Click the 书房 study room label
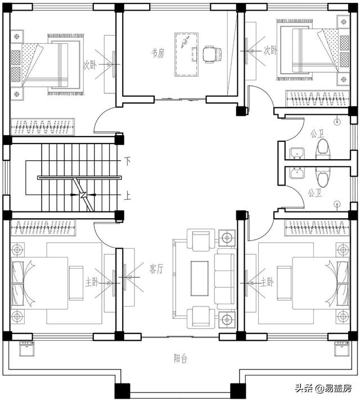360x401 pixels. pyautogui.click(x=157, y=53)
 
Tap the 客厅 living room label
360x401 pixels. pyautogui.click(x=156, y=268)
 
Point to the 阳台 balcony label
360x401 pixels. pyautogui.click(x=181, y=359)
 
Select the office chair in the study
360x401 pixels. pyautogui.click(x=213, y=54)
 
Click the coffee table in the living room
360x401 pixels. pyautogui.click(x=200, y=278)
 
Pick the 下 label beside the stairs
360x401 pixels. pyautogui.click(x=127, y=161)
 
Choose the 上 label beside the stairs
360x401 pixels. pyautogui.click(x=127, y=196)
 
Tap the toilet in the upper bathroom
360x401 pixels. pyautogui.click(x=323, y=150)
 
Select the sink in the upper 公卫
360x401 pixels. pyautogui.click(x=298, y=154)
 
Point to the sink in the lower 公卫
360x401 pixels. pyautogui.click(x=298, y=173)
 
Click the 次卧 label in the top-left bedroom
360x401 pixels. pyautogui.click(x=90, y=65)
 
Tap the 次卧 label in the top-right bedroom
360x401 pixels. pyautogui.click(x=271, y=51)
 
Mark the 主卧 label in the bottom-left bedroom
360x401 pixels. pyautogui.click(x=92, y=282)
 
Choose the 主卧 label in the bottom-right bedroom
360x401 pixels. pyautogui.click(x=267, y=282)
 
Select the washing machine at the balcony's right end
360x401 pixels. pyautogui.click(x=341, y=348)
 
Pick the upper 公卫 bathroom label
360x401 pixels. pyautogui.click(x=317, y=133)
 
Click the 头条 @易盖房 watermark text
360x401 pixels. pyautogui.click(x=323, y=388)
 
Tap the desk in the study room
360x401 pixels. pyautogui.click(x=187, y=54)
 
